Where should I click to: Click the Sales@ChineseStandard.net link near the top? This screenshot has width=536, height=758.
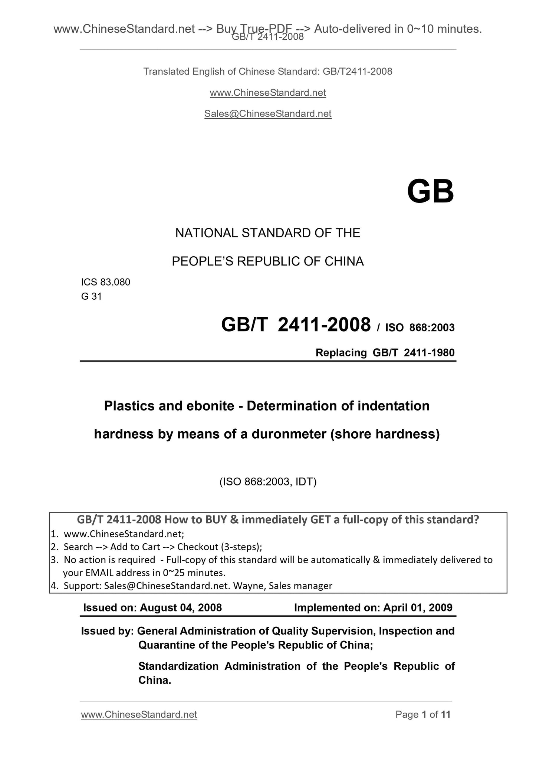[x=268, y=114]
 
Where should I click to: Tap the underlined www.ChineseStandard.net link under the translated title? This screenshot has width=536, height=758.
[x=268, y=93]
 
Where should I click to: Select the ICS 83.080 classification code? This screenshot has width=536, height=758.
[x=106, y=282]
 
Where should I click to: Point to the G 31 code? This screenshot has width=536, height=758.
[x=91, y=296]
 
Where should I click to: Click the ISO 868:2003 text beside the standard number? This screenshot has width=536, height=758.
[x=420, y=327]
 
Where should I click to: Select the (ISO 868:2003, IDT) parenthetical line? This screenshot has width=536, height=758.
[x=268, y=482]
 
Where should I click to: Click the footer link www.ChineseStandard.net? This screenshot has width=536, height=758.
[x=139, y=714]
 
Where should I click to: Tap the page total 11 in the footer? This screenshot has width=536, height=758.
[x=445, y=714]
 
